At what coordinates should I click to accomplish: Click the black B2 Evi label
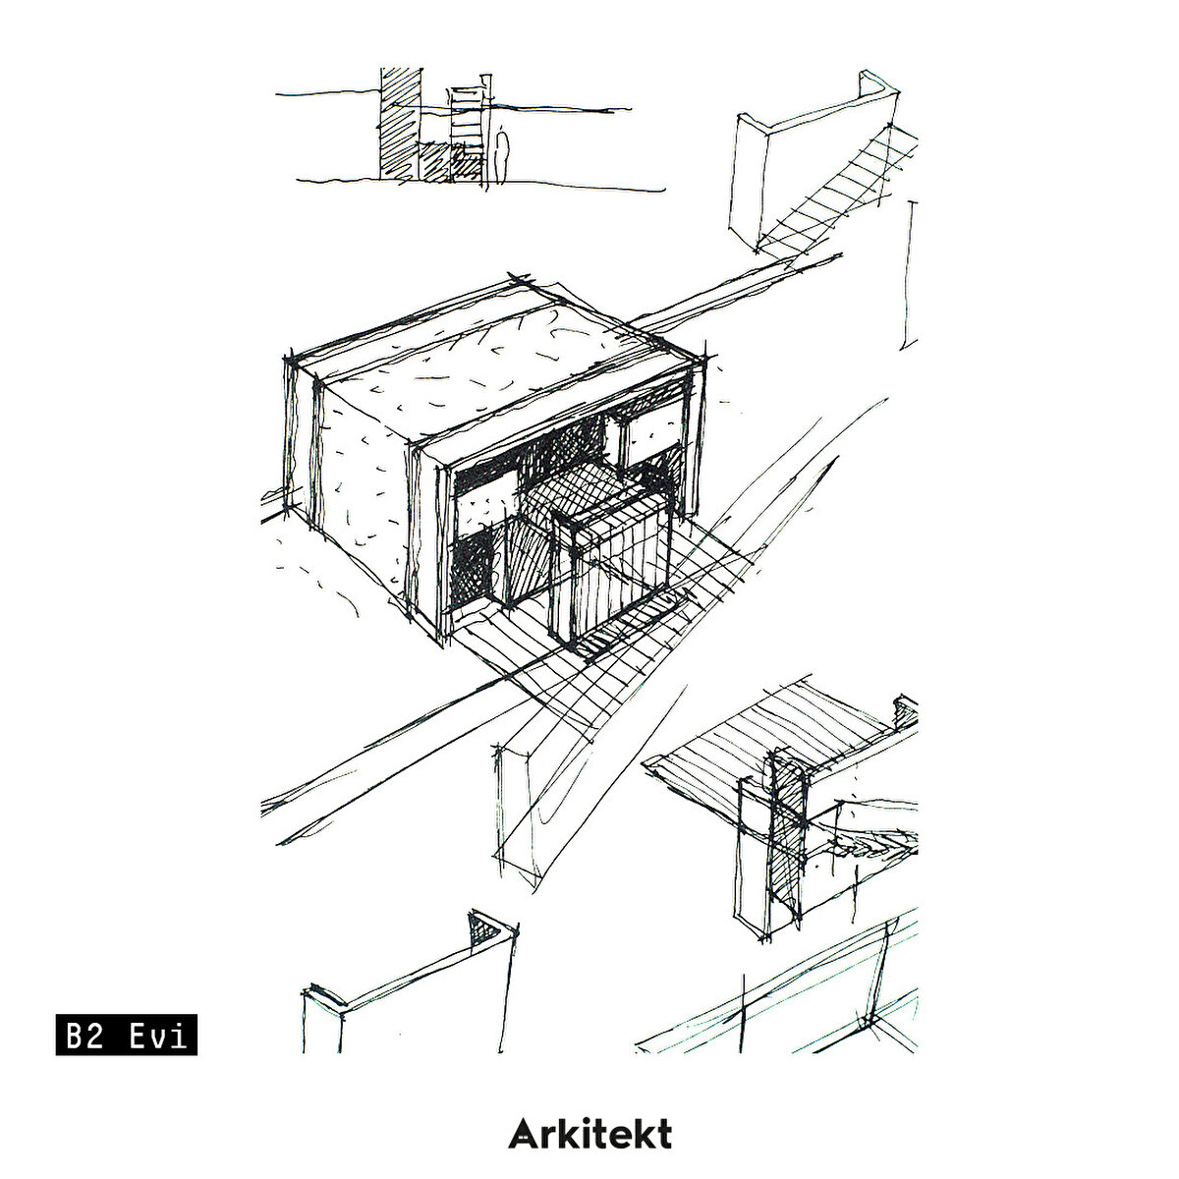126,1034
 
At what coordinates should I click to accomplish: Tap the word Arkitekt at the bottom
589,1134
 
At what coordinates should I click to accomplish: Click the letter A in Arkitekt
522,1135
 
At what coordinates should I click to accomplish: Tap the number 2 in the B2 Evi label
93,1035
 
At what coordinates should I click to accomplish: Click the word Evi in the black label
157,1035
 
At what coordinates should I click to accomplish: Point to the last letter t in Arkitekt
663,1135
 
